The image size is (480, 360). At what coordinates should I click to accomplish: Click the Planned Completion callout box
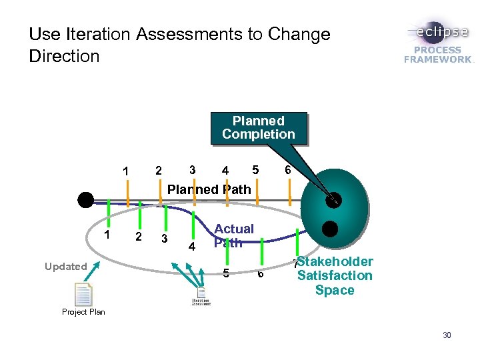tap(258, 127)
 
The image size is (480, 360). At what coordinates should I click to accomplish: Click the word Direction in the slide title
tap(64, 56)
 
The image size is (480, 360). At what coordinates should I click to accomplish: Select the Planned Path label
tap(209, 189)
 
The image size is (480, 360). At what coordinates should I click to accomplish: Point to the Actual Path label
tap(233, 235)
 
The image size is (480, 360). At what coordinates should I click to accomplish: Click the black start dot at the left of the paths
tap(85, 199)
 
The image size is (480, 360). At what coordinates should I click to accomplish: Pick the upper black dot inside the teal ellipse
tap(333, 199)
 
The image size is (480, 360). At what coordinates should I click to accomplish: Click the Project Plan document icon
tap(83, 295)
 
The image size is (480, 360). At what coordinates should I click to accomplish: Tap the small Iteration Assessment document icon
tap(201, 295)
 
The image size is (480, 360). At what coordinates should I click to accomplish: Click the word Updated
tap(66, 267)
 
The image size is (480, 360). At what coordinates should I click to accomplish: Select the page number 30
tap(447, 335)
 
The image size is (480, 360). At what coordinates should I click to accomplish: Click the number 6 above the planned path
tap(287, 170)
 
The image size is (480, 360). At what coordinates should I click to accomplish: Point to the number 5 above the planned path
tap(255, 169)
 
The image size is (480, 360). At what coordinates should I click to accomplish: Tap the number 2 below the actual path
tap(138, 237)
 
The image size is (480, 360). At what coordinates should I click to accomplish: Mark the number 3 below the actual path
tap(164, 239)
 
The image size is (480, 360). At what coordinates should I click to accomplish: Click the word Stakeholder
tap(335, 261)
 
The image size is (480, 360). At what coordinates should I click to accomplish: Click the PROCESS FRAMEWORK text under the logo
tap(437, 55)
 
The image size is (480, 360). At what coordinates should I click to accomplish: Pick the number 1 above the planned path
tap(125, 171)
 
